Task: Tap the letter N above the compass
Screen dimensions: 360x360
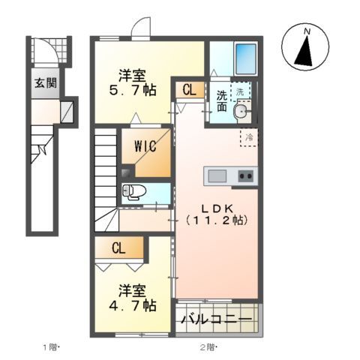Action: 307,31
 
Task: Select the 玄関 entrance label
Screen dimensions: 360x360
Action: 43,83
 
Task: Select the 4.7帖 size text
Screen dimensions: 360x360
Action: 136,306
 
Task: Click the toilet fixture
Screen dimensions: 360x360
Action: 133,192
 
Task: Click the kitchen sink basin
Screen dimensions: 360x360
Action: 217,176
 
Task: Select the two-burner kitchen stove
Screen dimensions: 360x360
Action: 244,176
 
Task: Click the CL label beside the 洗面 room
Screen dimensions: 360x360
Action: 188,90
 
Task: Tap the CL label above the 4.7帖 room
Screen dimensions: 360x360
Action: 118,247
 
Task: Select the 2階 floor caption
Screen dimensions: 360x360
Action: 208,346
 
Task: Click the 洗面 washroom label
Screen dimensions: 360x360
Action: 223,101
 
